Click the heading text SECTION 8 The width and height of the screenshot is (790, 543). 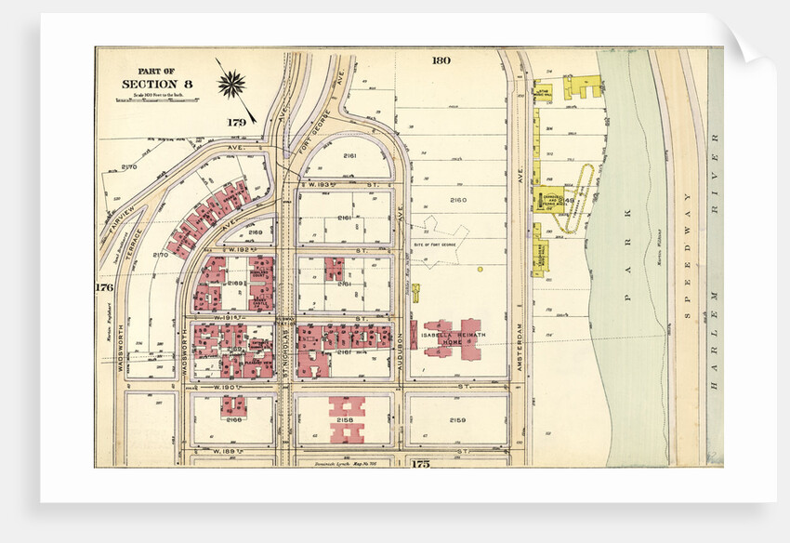(x=157, y=85)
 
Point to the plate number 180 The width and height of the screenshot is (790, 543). (x=441, y=60)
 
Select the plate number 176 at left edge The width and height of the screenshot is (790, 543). (x=104, y=287)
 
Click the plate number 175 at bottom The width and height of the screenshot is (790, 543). (x=421, y=462)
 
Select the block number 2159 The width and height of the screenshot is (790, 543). (x=456, y=419)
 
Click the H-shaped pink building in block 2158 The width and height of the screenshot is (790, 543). (x=348, y=419)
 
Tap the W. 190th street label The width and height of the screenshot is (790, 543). (x=227, y=386)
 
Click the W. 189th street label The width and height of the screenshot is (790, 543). (x=227, y=451)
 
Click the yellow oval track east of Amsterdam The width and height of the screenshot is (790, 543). (x=586, y=191)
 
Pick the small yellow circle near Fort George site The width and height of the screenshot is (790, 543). (x=481, y=270)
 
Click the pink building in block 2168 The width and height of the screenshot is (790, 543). (x=232, y=405)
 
